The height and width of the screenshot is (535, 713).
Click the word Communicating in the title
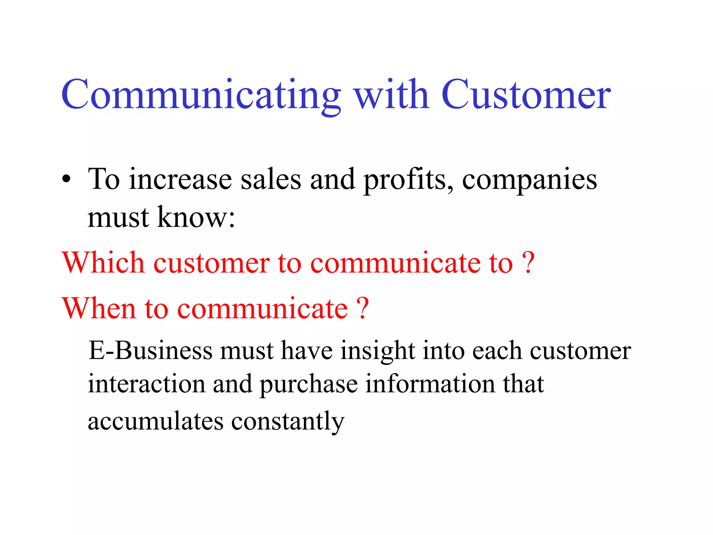coord(201,95)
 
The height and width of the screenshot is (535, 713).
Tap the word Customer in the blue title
coord(526,95)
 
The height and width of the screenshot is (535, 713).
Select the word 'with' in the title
coord(391,95)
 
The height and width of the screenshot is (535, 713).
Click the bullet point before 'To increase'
coord(66,180)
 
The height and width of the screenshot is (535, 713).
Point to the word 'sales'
coord(271,180)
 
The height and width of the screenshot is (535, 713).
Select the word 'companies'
coord(530,180)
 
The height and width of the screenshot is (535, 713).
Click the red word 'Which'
coord(103,262)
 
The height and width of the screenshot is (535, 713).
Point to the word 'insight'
coord(377,350)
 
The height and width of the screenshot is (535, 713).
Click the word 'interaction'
coord(146,384)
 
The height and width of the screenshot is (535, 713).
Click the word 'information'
coord(430,384)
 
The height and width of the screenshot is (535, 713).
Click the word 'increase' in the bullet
coord(180,180)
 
